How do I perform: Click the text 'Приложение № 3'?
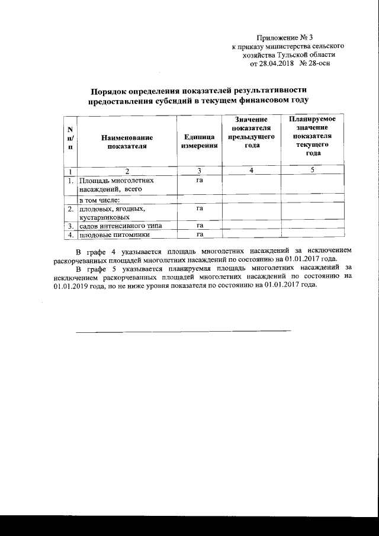click(x=287, y=37)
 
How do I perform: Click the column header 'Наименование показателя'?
click(x=123, y=142)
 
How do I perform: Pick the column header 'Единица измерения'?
click(x=199, y=142)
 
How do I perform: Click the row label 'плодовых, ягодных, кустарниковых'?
click(x=112, y=213)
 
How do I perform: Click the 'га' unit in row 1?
click(x=200, y=179)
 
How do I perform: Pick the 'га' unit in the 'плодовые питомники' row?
click(x=200, y=235)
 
